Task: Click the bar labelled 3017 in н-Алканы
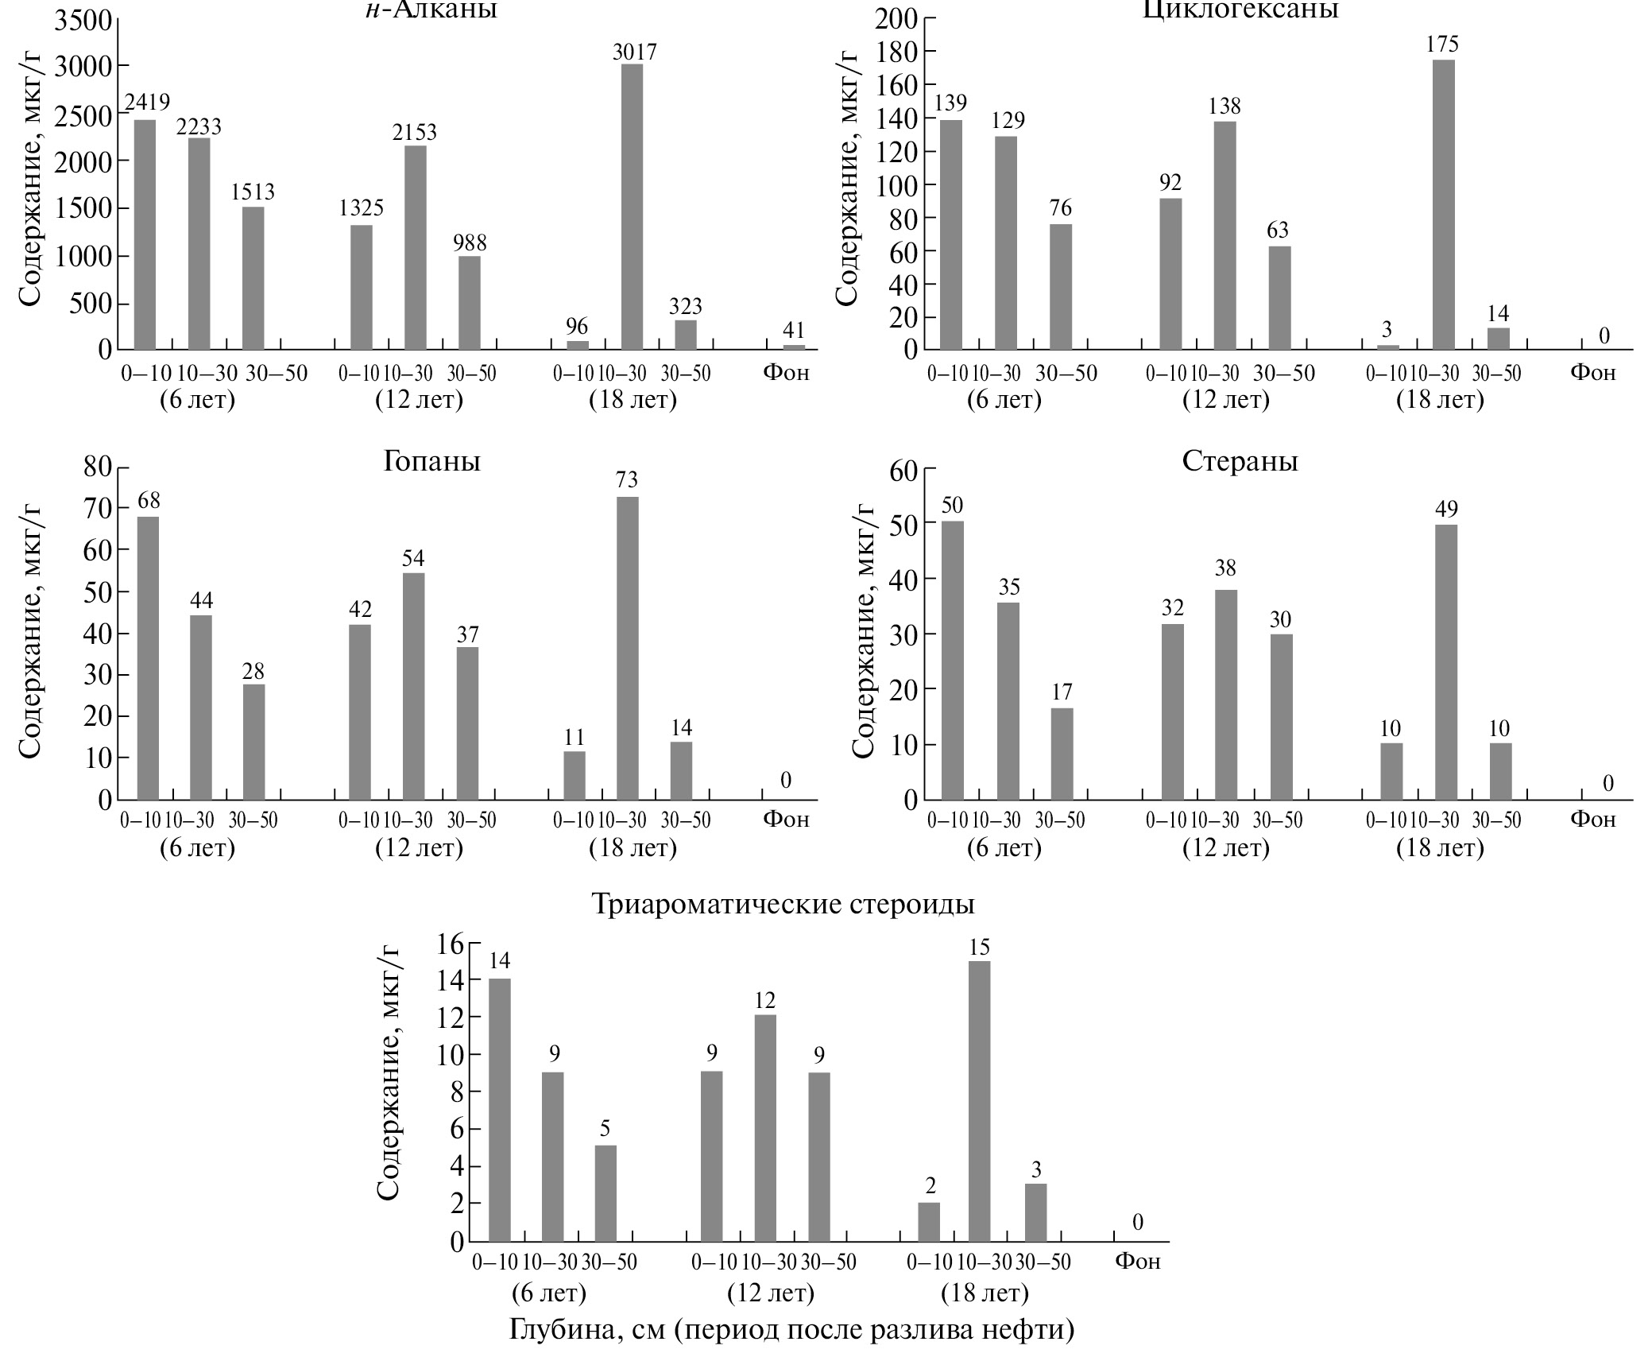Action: [632, 207]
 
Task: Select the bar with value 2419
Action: [145, 235]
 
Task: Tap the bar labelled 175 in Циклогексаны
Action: [1444, 204]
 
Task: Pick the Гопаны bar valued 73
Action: [628, 648]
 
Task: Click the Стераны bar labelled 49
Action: [1446, 661]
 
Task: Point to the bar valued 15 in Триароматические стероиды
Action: [979, 1101]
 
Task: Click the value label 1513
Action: [253, 192]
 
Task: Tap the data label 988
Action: [469, 242]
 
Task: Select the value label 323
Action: [685, 306]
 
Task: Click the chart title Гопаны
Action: [431, 461]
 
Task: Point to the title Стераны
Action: [1240, 461]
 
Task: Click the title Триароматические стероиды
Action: [783, 904]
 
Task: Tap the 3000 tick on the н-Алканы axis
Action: [83, 66]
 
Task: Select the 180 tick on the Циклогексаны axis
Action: [896, 52]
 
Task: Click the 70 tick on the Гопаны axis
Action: [99, 507]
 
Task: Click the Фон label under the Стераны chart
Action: [1592, 820]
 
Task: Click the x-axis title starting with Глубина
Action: [791, 1329]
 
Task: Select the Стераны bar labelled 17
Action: [1062, 754]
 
